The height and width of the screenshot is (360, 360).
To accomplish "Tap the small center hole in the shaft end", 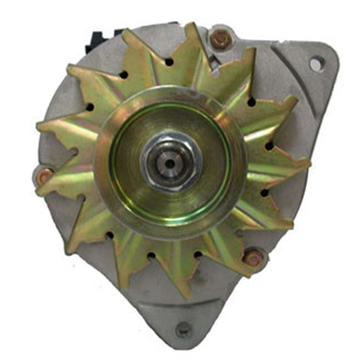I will coord(170,164).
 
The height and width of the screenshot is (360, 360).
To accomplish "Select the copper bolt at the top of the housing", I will coord(220,39).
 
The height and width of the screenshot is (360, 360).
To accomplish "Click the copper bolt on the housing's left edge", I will coord(44,176).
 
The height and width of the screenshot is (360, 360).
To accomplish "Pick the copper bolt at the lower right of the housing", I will coord(253,258).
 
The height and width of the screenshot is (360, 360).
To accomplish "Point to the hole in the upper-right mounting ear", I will coord(317,64).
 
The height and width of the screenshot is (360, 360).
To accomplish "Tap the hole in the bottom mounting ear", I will coord(184,328).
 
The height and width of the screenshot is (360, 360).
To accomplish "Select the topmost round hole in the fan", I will coord(169,62).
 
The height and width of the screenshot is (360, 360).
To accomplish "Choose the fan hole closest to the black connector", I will coord(123,75).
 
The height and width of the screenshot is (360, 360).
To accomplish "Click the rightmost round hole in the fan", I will coord(269,146).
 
